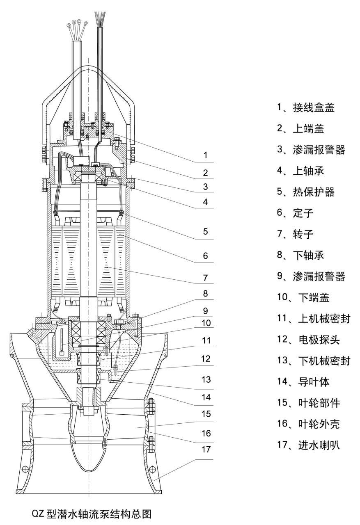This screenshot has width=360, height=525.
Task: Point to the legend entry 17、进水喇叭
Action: coord(310,445)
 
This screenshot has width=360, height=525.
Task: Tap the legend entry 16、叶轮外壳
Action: coord(310,424)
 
